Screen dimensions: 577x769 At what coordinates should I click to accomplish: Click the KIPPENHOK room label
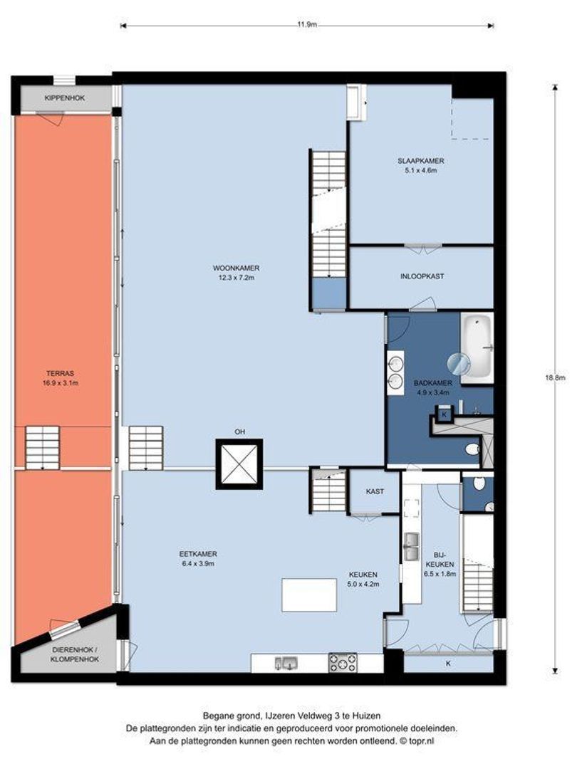pyautogui.click(x=65, y=98)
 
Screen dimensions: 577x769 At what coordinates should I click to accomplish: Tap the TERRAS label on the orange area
pyautogui.click(x=61, y=373)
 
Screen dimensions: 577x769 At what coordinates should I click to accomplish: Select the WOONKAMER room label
pyautogui.click(x=236, y=268)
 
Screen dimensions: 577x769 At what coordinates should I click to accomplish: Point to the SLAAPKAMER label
pyautogui.click(x=420, y=161)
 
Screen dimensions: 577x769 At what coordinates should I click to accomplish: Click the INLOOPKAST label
pyautogui.click(x=422, y=276)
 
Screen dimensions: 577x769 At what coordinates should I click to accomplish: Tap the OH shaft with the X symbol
pyautogui.click(x=239, y=464)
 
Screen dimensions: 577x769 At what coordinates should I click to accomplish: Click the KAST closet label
pyautogui.click(x=375, y=491)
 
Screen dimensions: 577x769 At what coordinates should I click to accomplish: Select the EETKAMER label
pyautogui.click(x=198, y=554)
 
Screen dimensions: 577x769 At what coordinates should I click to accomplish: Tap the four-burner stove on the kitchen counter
pyautogui.click(x=343, y=663)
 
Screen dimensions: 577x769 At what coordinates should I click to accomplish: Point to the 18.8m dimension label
pyautogui.click(x=556, y=377)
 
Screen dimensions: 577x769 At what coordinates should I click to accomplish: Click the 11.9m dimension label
pyautogui.click(x=306, y=24)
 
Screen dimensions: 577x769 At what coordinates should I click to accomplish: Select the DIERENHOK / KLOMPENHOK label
pyautogui.click(x=75, y=655)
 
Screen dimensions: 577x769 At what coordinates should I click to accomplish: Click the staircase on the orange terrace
pyautogui.click(x=42, y=448)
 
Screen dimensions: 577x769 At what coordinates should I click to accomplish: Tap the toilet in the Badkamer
pyautogui.click(x=472, y=449)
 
